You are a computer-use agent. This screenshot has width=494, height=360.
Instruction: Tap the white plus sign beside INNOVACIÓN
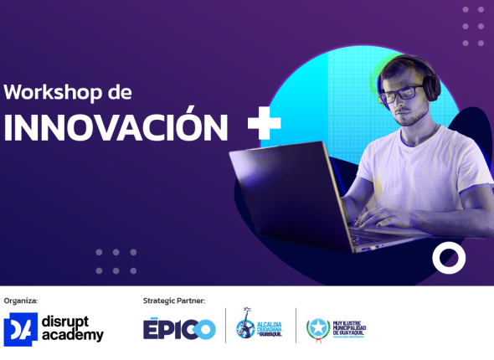[x=264, y=124]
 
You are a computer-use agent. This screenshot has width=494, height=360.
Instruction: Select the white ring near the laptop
[x=449, y=258]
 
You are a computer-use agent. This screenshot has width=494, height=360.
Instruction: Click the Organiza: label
[x=21, y=300]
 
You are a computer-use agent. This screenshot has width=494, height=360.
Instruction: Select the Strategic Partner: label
[x=174, y=300]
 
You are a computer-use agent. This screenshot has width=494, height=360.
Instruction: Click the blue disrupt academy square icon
[x=20, y=330]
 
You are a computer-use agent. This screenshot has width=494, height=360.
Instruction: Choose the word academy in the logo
[x=75, y=336]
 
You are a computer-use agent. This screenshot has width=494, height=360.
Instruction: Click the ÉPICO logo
[x=178, y=329]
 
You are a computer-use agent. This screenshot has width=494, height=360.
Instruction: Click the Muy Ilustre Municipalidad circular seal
[x=318, y=327]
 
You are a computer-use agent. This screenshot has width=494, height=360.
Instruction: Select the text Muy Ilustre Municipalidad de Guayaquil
[x=349, y=327]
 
